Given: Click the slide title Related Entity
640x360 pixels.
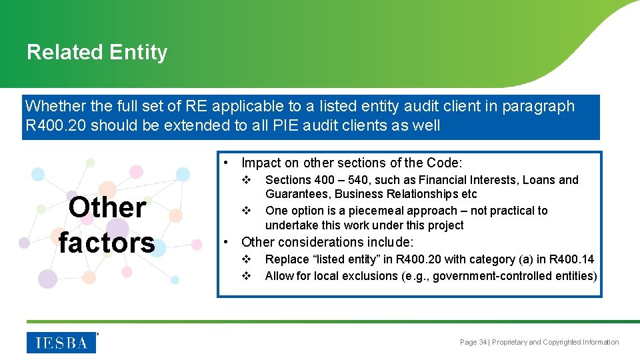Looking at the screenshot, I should tap(97, 52).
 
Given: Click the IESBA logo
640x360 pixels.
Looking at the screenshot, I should tap(61, 343).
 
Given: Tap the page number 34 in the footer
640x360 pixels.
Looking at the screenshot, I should tap(483, 342).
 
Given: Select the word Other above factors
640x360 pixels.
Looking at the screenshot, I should tap(107, 207).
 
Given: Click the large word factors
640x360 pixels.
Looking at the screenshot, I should tap(107, 242).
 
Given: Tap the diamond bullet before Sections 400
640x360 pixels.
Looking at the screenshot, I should tap(246, 180).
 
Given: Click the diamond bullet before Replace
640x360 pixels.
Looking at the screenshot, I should tap(246, 259).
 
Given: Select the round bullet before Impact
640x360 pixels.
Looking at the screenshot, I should tap(227, 162).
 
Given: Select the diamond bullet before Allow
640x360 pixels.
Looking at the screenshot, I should tap(246, 276).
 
